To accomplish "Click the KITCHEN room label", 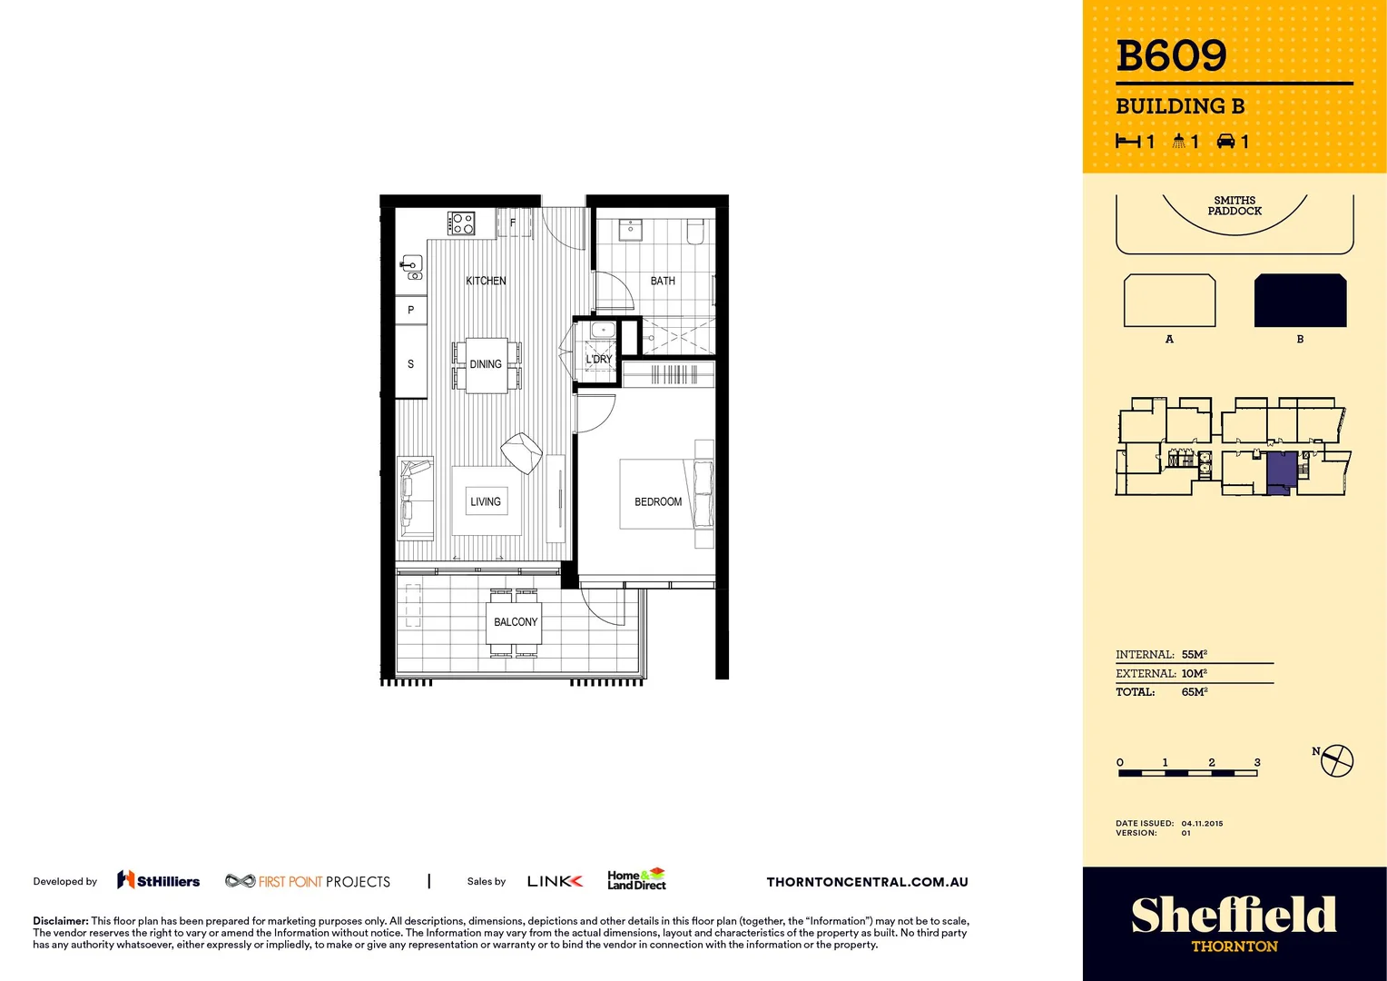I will point(486,281).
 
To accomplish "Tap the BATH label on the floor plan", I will point(663,281).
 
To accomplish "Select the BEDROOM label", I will point(658,501).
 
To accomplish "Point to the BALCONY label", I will point(516,622).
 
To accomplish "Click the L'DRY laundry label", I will point(599,359).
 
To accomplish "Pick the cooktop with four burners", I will point(461,223).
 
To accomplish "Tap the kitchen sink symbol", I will point(412,268).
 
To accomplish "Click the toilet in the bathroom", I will point(695,232).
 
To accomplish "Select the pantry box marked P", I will point(410,310).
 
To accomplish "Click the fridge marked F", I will point(513,223).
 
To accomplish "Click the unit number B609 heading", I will point(1171,56).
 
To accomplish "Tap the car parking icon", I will point(1226,141).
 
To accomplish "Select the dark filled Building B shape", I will point(1300,301).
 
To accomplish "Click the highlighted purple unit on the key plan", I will point(1280,471).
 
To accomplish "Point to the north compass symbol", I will point(1336,760).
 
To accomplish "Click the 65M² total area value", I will point(1194,692).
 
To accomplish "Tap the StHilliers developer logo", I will point(159,880).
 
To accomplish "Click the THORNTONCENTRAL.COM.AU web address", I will point(867,882).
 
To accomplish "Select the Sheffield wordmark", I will point(1234,916).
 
